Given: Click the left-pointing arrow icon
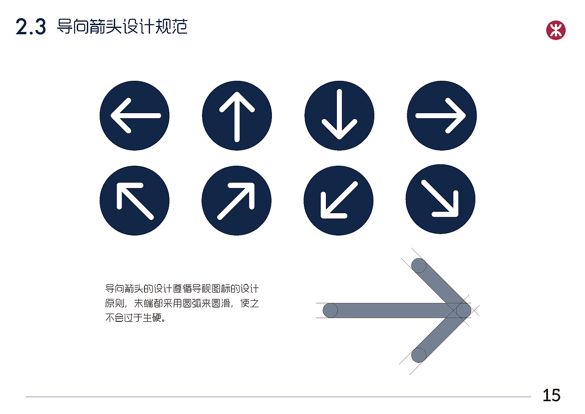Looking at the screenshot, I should point(134,115).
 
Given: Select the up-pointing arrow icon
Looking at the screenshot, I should point(237,115).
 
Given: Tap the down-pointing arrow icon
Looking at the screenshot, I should point(339,115).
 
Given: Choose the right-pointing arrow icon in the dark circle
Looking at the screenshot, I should point(441,115).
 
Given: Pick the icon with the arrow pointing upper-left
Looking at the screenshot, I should point(134,200).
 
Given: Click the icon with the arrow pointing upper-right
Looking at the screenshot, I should point(236,200).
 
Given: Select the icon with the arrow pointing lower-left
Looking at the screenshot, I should point(338,200).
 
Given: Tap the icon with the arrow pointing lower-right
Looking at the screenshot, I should point(441,199).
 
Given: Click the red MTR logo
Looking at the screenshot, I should point(556,31).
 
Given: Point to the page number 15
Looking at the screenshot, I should point(551,395).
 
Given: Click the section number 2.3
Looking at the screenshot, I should point(31,27).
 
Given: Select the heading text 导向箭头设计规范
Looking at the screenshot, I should point(122,27).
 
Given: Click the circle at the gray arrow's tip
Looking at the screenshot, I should point(463,310).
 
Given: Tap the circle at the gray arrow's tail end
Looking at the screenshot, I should point(330,310).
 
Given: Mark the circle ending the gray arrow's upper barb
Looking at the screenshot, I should point(419,266).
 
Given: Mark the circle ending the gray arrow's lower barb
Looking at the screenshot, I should point(419,355).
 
